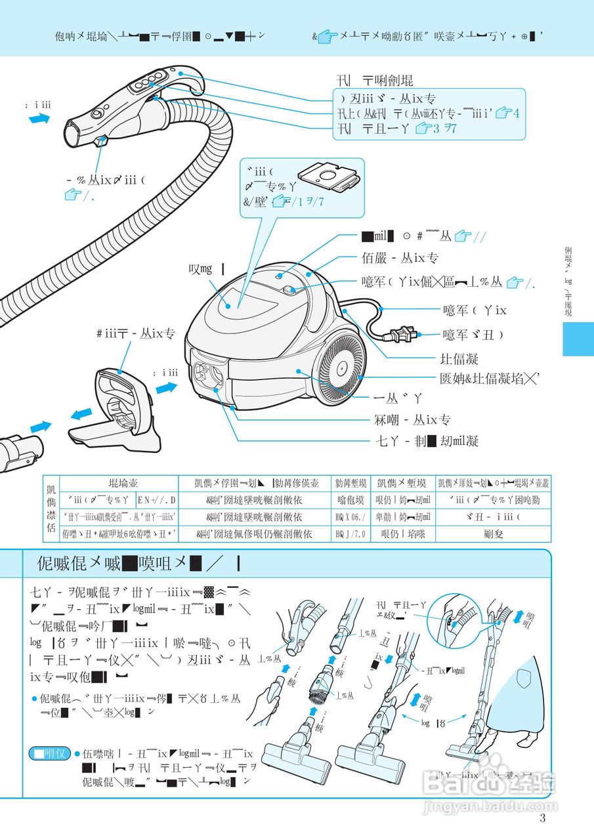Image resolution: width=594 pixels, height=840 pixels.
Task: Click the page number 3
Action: (x=542, y=818)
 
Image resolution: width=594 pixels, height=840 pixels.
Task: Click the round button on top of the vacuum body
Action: (x=288, y=289)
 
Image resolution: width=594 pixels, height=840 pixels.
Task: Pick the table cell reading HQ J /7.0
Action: (x=350, y=534)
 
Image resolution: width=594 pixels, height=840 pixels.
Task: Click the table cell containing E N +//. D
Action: (x=156, y=501)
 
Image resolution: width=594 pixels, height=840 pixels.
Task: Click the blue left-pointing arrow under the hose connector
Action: (x=81, y=414)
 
